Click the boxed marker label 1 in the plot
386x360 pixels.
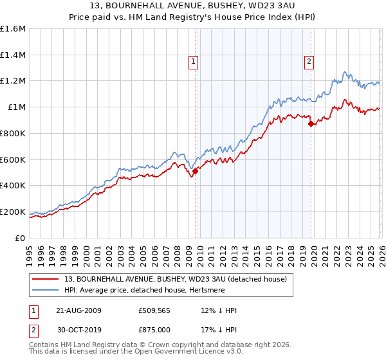coord(194,62)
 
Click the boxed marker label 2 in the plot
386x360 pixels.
coord(309,62)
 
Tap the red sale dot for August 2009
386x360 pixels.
coord(195,171)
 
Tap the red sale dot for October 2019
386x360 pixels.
coord(311,123)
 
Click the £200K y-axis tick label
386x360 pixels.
coord(13,212)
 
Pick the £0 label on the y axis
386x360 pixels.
coord(21,238)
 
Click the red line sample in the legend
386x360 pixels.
coord(46,278)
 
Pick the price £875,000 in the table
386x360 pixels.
coord(154,330)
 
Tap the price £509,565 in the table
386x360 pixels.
coord(154,310)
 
